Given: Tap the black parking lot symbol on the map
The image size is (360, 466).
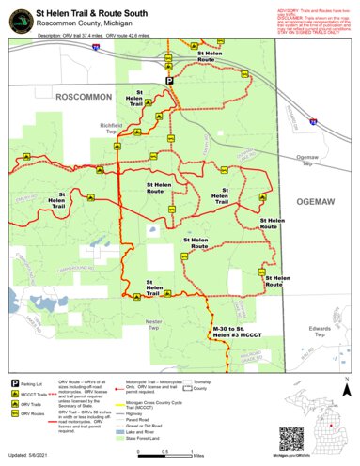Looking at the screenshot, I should click(x=170, y=83).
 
